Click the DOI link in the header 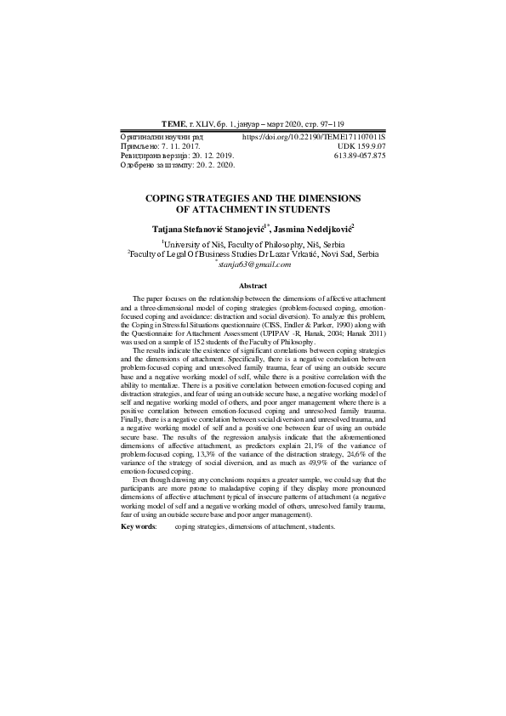(x=314, y=136)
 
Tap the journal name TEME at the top (x=173, y=124)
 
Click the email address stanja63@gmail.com (x=253, y=264)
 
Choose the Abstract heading (x=253, y=286)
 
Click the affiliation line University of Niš (x=253, y=242)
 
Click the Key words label (x=139, y=527)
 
